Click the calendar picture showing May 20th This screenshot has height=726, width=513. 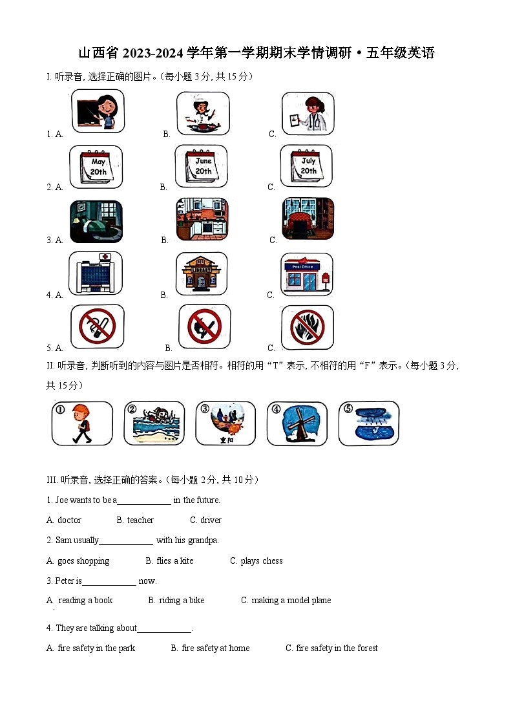[x=96, y=167]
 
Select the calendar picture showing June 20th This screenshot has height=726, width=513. [x=202, y=167]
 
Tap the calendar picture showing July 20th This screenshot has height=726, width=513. [x=306, y=167]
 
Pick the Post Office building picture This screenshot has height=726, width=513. [x=307, y=274]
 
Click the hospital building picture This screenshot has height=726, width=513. [x=96, y=273]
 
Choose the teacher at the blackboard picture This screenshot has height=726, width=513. [x=97, y=111]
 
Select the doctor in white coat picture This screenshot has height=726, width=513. [x=308, y=114]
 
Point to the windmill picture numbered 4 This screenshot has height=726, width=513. [x=297, y=423]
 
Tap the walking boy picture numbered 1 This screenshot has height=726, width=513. [x=82, y=423]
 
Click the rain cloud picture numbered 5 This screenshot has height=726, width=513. [x=368, y=423]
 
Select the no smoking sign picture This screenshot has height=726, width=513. [x=97, y=326]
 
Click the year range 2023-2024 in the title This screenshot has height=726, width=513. [x=147, y=53]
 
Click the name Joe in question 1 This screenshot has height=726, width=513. [x=62, y=500]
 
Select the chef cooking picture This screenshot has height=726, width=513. [x=203, y=114]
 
